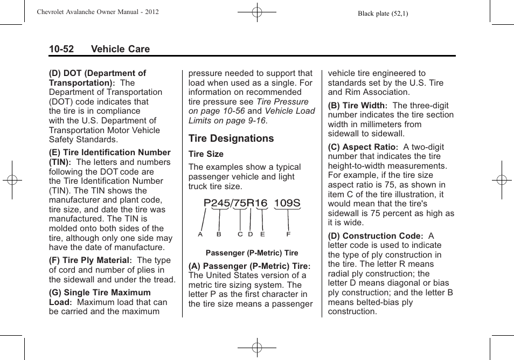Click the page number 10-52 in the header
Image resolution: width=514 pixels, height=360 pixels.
pyautogui.click(x=61, y=49)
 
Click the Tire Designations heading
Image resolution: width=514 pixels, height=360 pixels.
pyautogui.click(x=231, y=139)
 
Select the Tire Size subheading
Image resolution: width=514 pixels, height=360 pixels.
pyautogui.click(x=206, y=154)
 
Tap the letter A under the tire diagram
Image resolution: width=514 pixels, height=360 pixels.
pyautogui.click(x=200, y=234)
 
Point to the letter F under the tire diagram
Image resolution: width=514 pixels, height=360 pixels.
pyautogui.click(x=288, y=234)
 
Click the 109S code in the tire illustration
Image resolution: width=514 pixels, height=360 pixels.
pyautogui.click(x=287, y=203)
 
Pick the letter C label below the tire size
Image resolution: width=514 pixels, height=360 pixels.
pyautogui.click(x=240, y=234)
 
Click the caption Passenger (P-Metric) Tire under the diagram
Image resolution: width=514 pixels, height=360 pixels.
pyautogui.click(x=252, y=253)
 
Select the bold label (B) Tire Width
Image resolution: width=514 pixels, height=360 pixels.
pyautogui.click(x=358, y=106)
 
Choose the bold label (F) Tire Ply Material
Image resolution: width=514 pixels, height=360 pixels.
pyautogui.click(x=90, y=260)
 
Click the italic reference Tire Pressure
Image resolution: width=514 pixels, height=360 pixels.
pyautogui.click(x=282, y=102)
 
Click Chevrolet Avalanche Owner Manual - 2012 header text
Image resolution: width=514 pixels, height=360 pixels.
pyautogui.click(x=98, y=12)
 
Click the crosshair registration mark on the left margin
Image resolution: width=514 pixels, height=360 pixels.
pyautogui.click(x=11, y=180)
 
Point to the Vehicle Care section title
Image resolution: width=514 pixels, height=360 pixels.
pyautogui.click(x=120, y=49)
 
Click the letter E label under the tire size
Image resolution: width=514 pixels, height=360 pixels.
pyautogui.click(x=262, y=234)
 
